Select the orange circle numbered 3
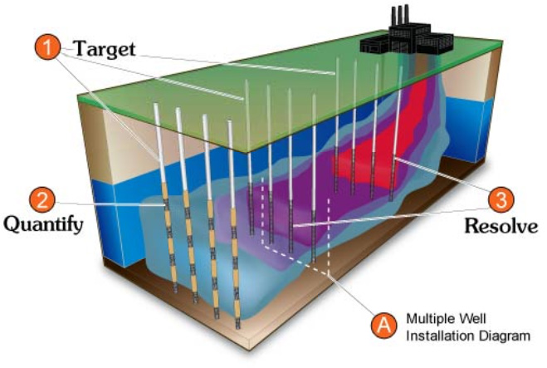[501, 199]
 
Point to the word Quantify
[43, 224]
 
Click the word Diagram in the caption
[505, 336]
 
